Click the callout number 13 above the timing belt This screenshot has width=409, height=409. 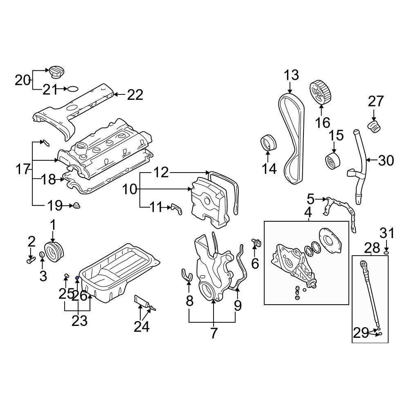[x=292, y=75]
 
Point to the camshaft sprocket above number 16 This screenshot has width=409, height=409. [x=320, y=92]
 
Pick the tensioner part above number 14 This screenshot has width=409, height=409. [x=268, y=144]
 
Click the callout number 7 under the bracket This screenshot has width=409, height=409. [x=213, y=333]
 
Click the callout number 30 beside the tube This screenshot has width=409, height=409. [x=386, y=160]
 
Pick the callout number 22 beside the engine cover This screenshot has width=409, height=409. [x=135, y=95]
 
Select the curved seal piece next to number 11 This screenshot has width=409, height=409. [x=176, y=209]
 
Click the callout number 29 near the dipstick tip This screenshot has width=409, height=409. [x=361, y=333]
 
